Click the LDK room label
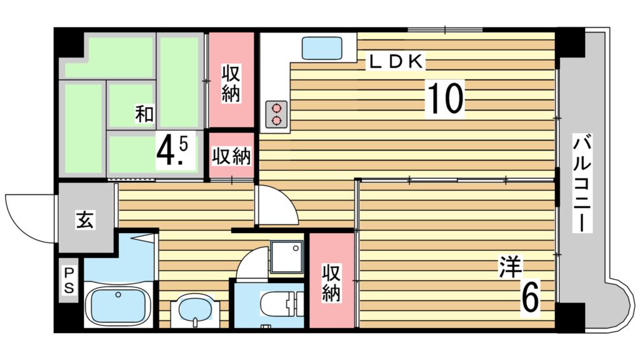396,61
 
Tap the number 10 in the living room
445,98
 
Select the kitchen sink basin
322,48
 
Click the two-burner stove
276,115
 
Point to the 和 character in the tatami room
144,114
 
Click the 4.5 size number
172,151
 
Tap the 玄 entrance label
85,221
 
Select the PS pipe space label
69,280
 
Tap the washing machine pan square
286,256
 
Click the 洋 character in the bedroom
510,267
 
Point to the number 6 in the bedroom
530,296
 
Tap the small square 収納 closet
231,156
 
